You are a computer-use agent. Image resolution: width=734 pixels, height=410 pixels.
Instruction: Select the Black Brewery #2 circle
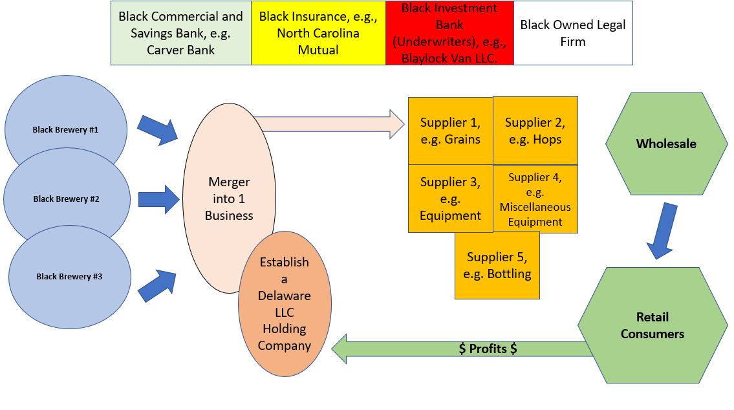[66, 199]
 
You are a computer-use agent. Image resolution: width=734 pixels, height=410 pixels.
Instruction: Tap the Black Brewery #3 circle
[69, 276]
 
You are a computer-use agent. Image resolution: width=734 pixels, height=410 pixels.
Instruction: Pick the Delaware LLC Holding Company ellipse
[285, 304]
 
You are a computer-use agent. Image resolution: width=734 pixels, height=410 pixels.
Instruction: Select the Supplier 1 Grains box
[450, 131]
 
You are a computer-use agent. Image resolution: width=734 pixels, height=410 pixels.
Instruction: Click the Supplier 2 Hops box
[535, 131]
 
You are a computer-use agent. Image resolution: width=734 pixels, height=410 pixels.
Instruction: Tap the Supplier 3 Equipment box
[450, 199]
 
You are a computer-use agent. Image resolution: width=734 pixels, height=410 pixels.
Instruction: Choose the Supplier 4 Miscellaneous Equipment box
[535, 199]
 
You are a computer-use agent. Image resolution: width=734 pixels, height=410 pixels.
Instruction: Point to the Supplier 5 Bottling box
[497, 265]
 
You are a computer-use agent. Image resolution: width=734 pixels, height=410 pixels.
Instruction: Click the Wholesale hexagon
[665, 144]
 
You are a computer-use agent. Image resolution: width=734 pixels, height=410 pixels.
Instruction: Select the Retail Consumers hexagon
[653, 325]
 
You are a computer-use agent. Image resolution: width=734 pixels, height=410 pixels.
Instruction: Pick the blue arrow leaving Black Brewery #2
[158, 199]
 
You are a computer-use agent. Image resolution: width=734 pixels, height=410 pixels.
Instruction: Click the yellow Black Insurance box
[318, 33]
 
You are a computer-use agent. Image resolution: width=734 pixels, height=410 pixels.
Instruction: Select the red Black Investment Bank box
[449, 33]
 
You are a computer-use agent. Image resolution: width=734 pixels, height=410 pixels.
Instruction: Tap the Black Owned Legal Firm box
[573, 33]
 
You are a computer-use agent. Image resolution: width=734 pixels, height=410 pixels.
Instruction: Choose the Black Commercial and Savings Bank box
[180, 33]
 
